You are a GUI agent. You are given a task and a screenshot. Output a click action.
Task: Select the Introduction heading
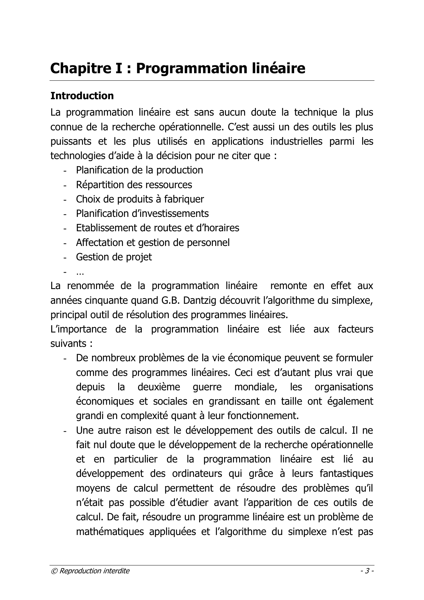pyautogui.click(x=82, y=96)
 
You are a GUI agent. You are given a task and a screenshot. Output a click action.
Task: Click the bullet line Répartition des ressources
pyautogui.click(x=134, y=185)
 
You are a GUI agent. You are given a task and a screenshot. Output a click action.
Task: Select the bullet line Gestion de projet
pyautogui.click(x=114, y=257)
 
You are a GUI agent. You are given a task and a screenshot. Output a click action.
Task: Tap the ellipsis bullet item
pyautogui.click(x=80, y=273)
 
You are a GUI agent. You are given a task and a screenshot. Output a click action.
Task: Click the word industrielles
pyautogui.click(x=296, y=141)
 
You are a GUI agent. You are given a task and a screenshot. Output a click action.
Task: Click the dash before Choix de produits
pyautogui.click(x=64, y=199)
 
